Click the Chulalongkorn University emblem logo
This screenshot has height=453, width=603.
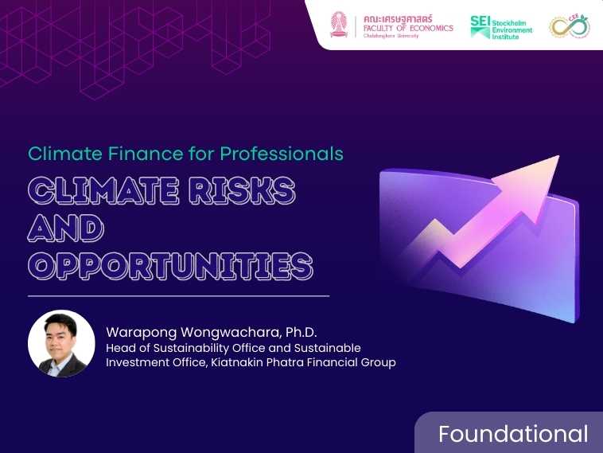click(x=339, y=24)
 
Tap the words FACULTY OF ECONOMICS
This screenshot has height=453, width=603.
click(x=408, y=28)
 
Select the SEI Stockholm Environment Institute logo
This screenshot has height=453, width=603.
click(x=501, y=27)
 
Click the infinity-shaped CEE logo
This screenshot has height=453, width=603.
click(x=570, y=26)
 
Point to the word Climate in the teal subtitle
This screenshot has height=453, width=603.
click(x=65, y=154)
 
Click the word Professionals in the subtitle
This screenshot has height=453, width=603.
click(x=282, y=154)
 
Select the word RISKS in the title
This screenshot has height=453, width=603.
click(x=243, y=190)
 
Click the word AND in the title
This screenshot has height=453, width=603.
click(x=66, y=228)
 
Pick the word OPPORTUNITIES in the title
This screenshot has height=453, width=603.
click(x=171, y=266)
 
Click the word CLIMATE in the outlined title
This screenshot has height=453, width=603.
click(x=103, y=190)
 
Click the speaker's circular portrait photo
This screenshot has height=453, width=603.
click(x=61, y=343)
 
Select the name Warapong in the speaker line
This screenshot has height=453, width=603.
click(x=142, y=332)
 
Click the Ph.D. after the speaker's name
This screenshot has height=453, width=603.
click(x=301, y=332)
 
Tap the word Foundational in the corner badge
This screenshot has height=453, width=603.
click(x=513, y=434)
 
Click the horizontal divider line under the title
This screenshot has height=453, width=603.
click(x=179, y=296)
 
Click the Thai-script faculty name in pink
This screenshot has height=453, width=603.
click(x=398, y=19)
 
